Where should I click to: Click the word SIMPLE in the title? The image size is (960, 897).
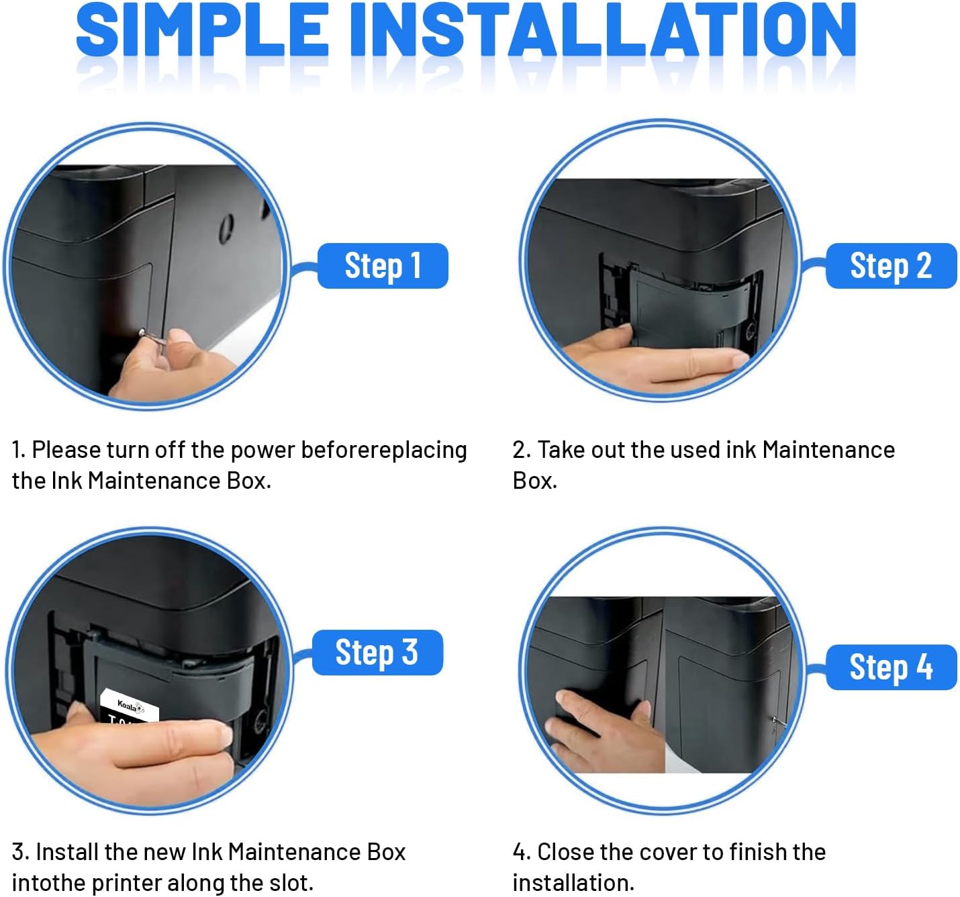coord(203,30)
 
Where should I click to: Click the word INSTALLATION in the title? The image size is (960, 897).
coord(603,30)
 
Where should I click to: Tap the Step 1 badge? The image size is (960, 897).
coord(383,265)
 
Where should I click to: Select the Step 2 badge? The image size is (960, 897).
coord(891,265)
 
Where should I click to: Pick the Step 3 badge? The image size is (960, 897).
coord(377,653)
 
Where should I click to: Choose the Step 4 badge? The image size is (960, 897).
coord(891,667)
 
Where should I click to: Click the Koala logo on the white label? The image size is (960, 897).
coord(130,706)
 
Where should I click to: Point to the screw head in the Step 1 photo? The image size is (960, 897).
coord(142,332)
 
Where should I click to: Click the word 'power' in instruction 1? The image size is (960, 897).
coord(262,451)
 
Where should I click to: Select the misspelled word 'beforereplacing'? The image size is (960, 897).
coord(384,451)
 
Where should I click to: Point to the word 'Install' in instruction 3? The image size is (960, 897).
coord(67,851)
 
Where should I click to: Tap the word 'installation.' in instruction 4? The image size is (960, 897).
coord(573,882)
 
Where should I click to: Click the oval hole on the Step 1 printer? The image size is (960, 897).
coord(226,229)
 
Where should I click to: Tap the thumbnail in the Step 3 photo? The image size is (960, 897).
coord(224,735)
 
